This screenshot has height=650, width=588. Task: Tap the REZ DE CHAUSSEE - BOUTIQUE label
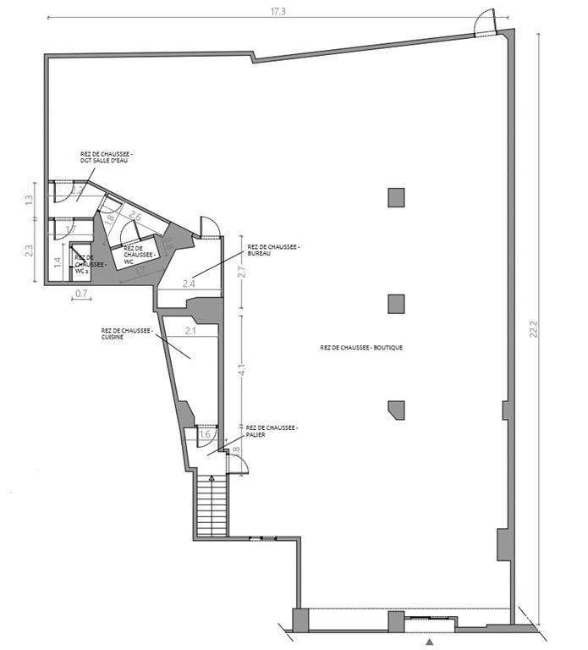(361, 347)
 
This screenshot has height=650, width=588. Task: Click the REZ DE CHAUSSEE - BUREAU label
(273, 251)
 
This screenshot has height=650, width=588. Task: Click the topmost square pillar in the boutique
(396, 197)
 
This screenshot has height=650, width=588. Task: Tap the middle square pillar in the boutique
(396, 303)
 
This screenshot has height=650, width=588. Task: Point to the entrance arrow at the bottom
(431, 642)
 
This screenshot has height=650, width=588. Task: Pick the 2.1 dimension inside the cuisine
(191, 331)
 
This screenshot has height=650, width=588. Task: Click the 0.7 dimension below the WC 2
(82, 294)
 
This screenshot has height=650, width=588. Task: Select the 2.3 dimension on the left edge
(30, 251)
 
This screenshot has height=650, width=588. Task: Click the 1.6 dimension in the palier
(205, 435)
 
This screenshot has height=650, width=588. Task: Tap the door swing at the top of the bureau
(209, 226)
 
